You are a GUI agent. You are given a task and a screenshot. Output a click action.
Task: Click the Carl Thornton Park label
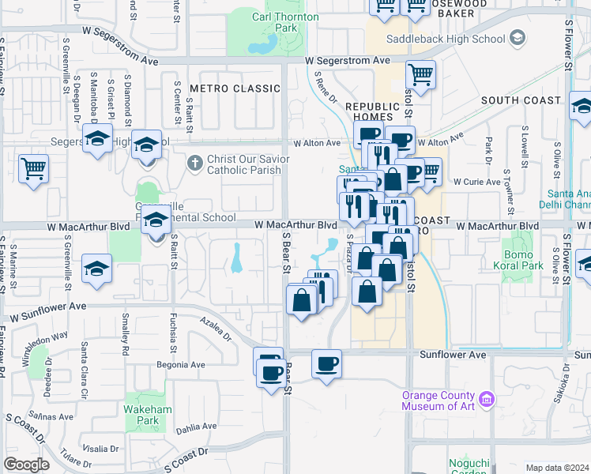click(x=285, y=22)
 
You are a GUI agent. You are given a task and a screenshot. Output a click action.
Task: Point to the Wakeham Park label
click(x=141, y=415)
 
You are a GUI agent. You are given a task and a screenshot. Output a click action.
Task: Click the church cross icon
click(x=196, y=163)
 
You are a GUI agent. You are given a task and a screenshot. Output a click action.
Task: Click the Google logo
click(x=26, y=464)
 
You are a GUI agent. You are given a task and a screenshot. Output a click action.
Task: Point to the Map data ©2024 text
click(x=557, y=468)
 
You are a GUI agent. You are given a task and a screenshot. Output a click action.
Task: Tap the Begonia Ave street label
click(x=181, y=365)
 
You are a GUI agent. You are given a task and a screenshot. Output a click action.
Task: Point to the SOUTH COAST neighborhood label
click(x=521, y=100)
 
